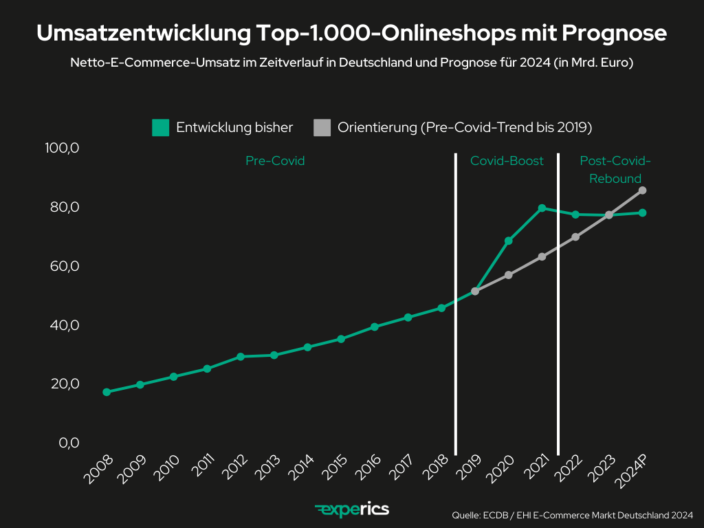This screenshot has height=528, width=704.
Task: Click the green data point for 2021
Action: (x=542, y=208)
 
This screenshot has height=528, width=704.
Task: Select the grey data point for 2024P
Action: (x=642, y=190)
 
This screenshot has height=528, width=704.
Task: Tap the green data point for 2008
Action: (x=107, y=392)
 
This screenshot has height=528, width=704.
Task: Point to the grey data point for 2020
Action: (x=508, y=275)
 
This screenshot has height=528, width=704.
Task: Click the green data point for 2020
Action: (x=508, y=241)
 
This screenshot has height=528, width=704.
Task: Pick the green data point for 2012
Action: (x=241, y=357)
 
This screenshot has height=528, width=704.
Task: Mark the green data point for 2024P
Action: (x=642, y=212)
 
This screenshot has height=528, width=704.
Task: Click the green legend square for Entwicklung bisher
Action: (x=160, y=127)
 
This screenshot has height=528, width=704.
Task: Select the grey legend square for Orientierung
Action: (x=322, y=127)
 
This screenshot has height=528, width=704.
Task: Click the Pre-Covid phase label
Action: (x=275, y=161)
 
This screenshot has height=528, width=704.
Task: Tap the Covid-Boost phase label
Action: (x=507, y=161)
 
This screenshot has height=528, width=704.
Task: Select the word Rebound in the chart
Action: (x=615, y=179)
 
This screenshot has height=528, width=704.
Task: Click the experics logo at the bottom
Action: (x=352, y=509)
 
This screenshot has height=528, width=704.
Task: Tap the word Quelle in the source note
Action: (x=466, y=514)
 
